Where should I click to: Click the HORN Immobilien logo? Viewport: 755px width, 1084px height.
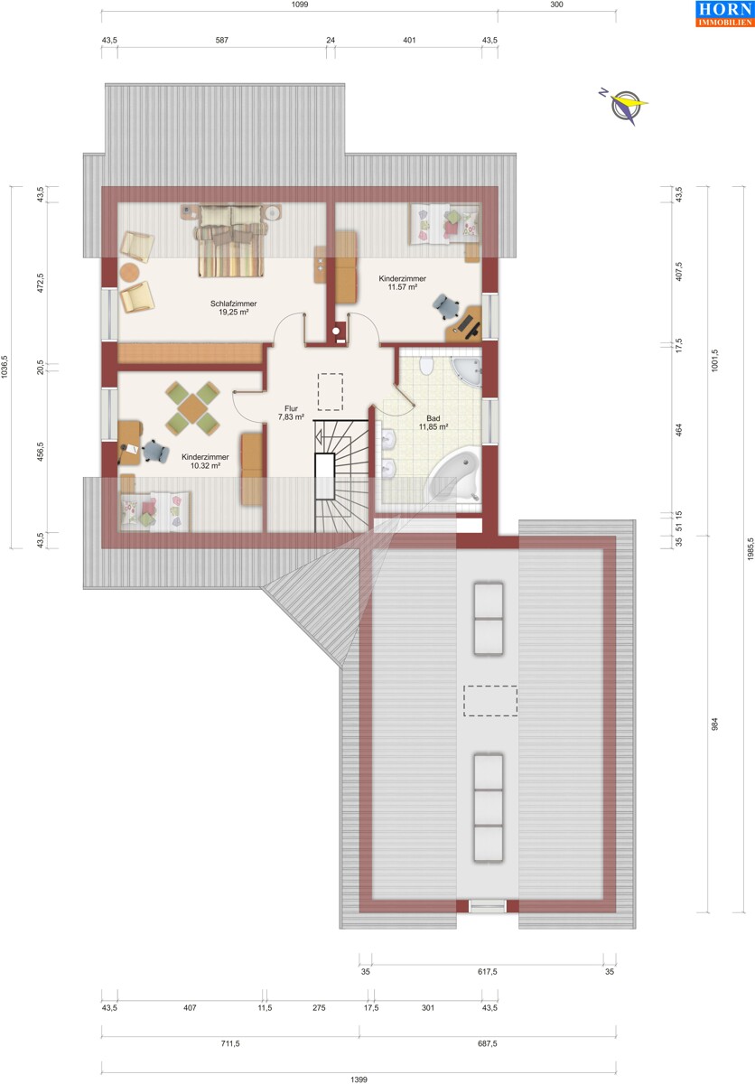(x=725, y=14)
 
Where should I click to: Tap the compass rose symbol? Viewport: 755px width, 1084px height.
(x=624, y=107)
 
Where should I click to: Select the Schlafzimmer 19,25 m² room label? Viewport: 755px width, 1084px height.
(x=234, y=308)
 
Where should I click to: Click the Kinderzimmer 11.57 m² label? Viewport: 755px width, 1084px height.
(x=403, y=283)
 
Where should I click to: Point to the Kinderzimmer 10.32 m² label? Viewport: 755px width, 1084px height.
(x=205, y=462)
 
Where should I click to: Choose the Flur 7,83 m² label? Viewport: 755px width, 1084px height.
(x=291, y=413)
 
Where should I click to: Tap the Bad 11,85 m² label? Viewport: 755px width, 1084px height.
(x=433, y=423)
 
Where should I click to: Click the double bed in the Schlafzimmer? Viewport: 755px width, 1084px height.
(x=231, y=240)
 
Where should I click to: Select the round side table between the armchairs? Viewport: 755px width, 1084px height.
(x=130, y=272)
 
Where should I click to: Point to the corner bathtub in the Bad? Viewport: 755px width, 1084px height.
(x=454, y=476)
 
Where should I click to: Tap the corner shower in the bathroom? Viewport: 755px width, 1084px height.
(x=466, y=371)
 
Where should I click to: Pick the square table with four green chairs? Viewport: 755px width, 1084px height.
(x=192, y=408)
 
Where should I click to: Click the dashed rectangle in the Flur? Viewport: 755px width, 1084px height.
(x=331, y=391)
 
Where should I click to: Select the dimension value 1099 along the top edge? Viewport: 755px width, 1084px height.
(x=300, y=5)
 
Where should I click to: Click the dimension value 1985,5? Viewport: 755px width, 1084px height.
(x=750, y=549)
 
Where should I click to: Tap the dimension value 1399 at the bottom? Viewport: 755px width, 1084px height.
(x=359, y=1079)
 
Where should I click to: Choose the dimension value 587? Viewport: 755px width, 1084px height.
(x=222, y=40)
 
